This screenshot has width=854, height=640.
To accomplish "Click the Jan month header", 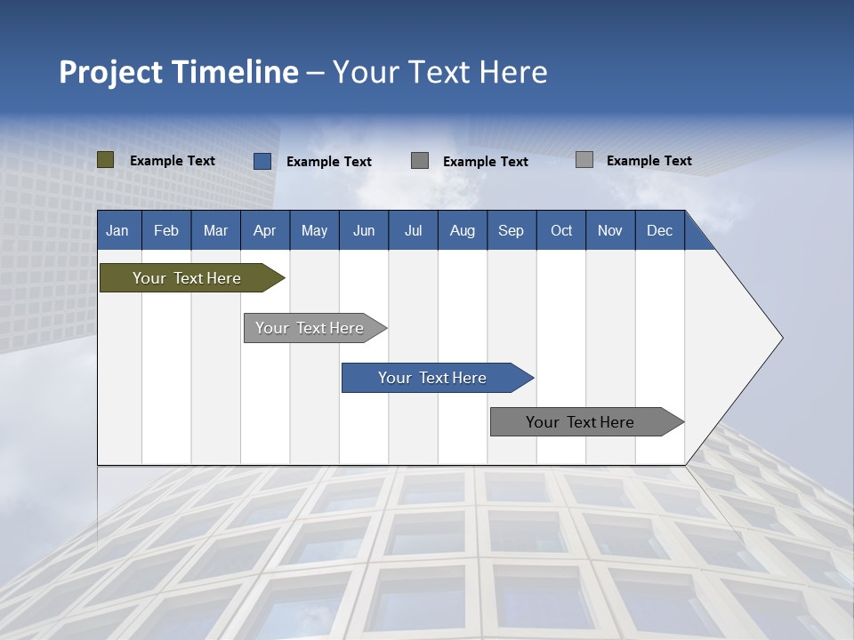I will tap(117, 231).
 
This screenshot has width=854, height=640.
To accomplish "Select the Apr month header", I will tap(265, 231).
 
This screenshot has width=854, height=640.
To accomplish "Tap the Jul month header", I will tap(413, 231).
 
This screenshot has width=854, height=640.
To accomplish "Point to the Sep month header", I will tap(511, 231).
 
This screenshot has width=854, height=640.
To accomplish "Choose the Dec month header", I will tap(659, 231).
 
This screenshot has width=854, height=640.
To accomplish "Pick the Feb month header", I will tap(166, 231).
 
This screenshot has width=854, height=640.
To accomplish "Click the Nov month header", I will tap(609, 231).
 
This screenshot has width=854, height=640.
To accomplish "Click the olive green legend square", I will tap(106, 160).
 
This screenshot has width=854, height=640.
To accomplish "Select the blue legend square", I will tap(262, 161).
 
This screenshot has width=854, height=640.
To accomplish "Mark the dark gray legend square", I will tap(420, 161).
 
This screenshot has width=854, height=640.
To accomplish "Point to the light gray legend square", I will tap(584, 160).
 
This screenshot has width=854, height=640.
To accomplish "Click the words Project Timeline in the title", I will tap(178, 72).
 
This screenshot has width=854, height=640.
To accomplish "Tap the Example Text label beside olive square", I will tap(173, 161).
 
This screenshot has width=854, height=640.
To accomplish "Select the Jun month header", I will tap(364, 231).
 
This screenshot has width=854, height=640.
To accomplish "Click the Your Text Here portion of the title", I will tap(440, 72).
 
